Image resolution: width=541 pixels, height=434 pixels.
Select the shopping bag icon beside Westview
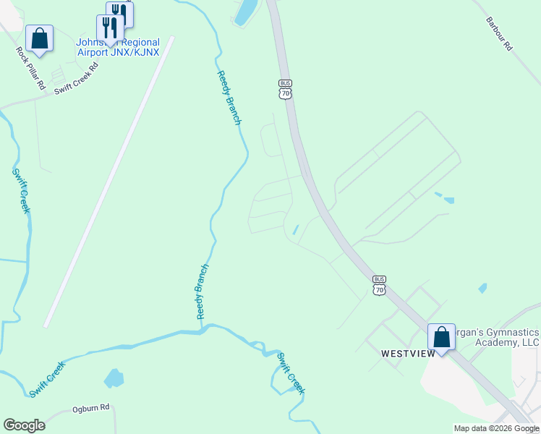(441, 336)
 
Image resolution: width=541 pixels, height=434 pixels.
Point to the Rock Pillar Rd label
(31, 68)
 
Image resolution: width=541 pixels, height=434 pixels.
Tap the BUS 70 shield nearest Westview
(380, 284)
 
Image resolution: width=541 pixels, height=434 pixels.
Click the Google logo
(24, 425)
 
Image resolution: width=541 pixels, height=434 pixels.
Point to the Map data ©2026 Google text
(496, 428)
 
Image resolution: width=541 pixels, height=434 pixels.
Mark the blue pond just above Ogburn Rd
(114, 378)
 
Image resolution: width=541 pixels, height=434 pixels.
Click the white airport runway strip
(108, 181)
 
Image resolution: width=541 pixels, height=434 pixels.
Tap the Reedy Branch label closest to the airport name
(228, 97)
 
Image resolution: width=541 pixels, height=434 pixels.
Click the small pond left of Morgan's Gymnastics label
(482, 288)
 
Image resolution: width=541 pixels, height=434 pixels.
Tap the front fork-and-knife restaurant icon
(110, 27)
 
